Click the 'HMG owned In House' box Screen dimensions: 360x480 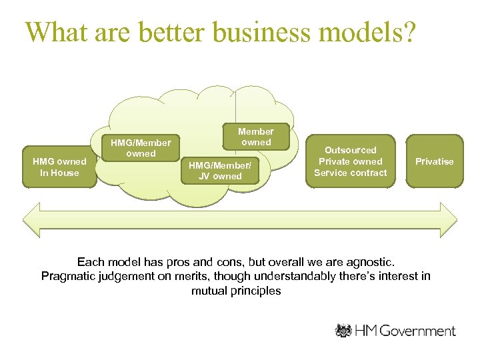[x=59, y=167]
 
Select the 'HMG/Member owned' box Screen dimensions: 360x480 [x=141, y=148]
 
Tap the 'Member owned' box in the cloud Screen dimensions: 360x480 [x=256, y=137]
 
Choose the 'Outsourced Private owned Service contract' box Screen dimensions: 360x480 [x=351, y=161]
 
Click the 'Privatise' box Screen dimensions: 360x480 [x=434, y=161]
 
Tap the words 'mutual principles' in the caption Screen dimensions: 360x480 [x=236, y=291]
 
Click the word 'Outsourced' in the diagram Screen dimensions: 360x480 [x=351, y=150]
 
